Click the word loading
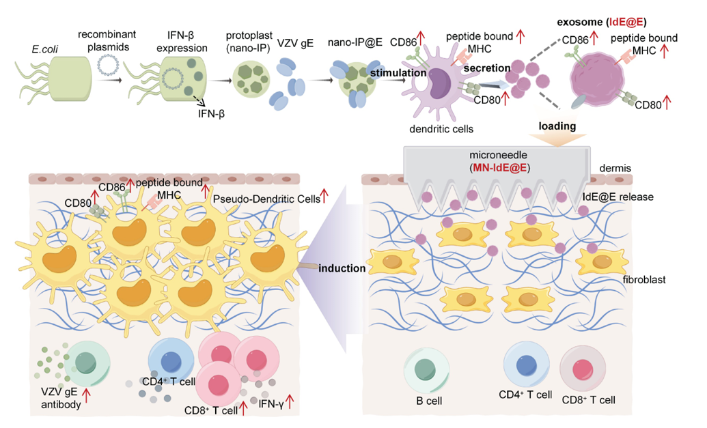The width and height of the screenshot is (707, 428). pos(557,126)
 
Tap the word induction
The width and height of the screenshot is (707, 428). pos(343,268)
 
